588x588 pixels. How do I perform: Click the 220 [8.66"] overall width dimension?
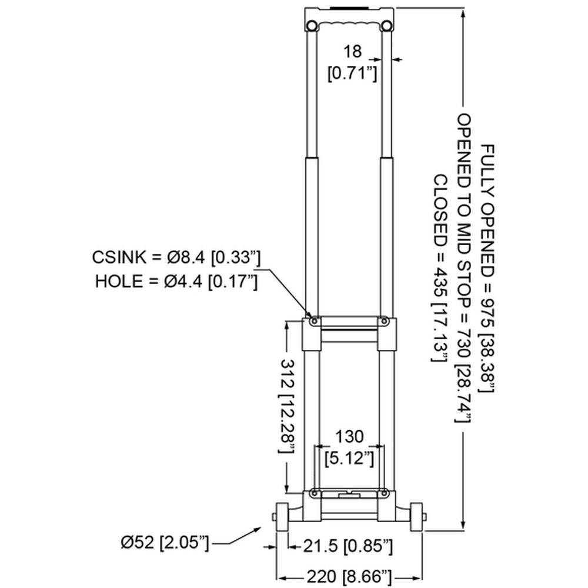click(x=349, y=577)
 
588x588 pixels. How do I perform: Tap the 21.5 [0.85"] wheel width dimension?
click(x=348, y=547)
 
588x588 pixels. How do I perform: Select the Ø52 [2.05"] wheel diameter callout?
click(x=165, y=543)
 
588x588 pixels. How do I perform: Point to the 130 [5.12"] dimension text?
click(x=349, y=447)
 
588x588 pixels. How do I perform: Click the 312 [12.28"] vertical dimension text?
click(x=288, y=406)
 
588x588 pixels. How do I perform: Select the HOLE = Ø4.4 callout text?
click(x=176, y=281)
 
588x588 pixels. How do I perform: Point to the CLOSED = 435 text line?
click(x=440, y=268)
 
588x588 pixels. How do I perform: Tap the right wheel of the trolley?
click(x=416, y=517)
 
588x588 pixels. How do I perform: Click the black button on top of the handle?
click(x=349, y=7)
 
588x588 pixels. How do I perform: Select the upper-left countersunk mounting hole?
click(x=314, y=322)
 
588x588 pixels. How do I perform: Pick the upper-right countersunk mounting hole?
click(x=383, y=322)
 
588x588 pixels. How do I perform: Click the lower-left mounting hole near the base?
click(x=314, y=493)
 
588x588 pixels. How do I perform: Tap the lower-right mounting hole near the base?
click(x=383, y=493)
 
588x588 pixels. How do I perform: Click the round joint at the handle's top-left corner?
click(x=312, y=26)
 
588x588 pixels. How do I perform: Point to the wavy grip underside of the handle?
click(x=349, y=24)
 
